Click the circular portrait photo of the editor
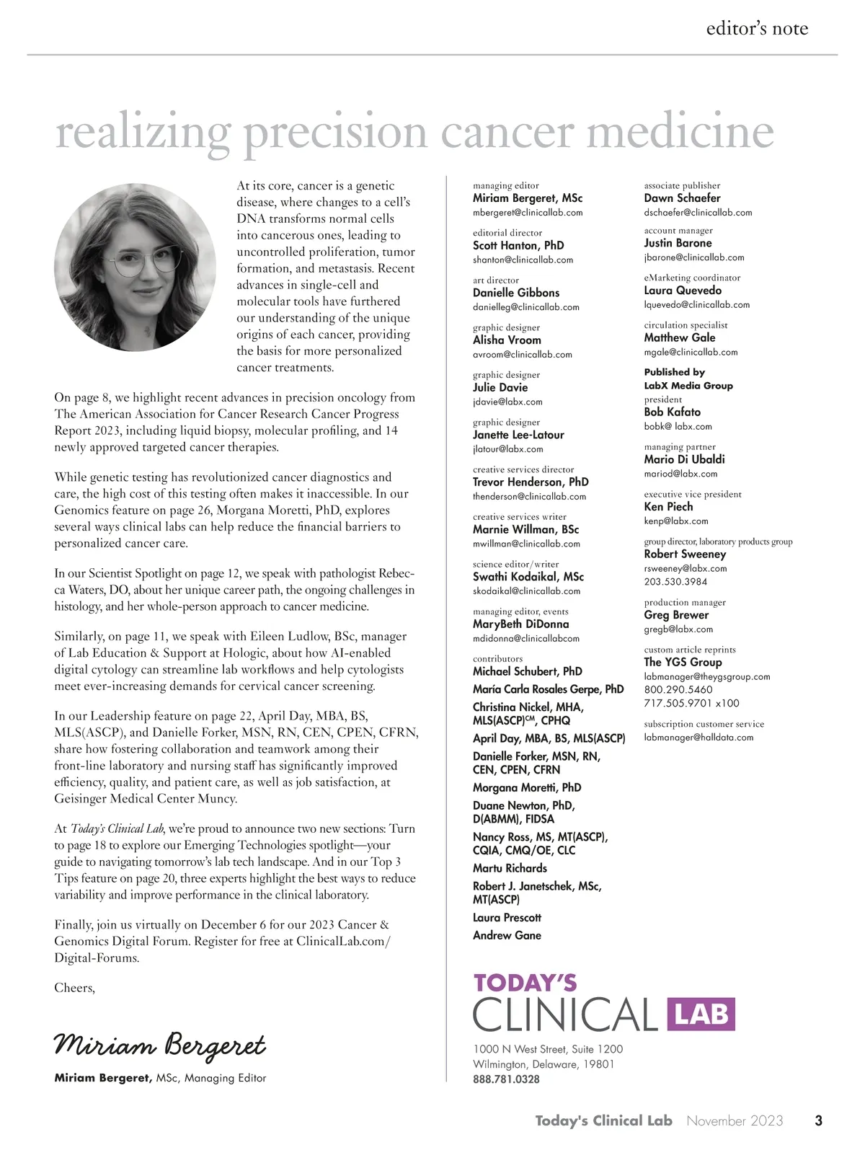135,266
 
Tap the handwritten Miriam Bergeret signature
160,1045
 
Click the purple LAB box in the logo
701,1014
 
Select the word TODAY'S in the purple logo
525,983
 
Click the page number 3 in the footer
818,1120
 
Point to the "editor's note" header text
757,29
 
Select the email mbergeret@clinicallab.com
528,213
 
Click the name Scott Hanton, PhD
518,245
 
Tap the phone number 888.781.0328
506,1079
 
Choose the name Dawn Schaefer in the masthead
682,198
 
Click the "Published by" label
674,372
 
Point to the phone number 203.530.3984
675,582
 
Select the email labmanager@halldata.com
698,738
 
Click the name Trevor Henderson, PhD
531,482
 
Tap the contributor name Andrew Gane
507,935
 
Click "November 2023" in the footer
735,1120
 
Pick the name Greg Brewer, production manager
676,615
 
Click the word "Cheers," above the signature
74,988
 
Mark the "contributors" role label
497,658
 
